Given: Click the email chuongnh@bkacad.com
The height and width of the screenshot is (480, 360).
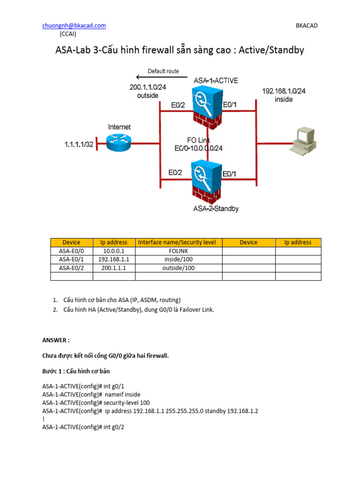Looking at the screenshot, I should (x=74, y=26).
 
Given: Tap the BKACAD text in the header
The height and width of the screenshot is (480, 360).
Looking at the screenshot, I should (x=307, y=26).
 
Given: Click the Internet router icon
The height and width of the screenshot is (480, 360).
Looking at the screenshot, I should (x=119, y=141).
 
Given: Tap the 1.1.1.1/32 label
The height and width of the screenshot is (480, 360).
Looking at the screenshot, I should (x=78, y=146).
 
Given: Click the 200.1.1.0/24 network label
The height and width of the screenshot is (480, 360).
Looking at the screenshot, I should (x=148, y=87).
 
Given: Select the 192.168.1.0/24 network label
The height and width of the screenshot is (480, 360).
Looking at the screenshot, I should (x=284, y=91).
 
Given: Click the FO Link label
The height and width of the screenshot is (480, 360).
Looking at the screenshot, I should (x=199, y=140).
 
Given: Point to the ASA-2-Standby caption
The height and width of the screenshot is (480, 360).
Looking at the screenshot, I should (x=216, y=209).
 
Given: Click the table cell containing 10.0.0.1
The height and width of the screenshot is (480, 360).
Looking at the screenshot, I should (x=113, y=251).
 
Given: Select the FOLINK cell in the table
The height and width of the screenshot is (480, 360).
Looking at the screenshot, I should (x=178, y=251).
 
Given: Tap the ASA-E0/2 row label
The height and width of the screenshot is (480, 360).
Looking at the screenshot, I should (x=71, y=268).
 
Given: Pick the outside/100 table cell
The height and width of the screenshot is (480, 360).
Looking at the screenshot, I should (x=178, y=268).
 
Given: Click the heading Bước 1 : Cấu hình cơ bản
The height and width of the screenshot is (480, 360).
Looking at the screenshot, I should (x=76, y=371).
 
